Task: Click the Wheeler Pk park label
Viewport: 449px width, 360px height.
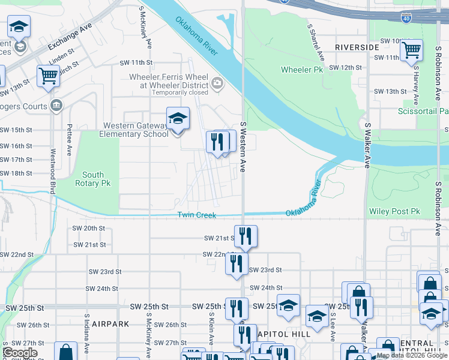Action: tap(301, 70)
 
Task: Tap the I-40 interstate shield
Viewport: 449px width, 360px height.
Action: tap(406, 20)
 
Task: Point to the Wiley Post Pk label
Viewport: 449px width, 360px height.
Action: tap(394, 211)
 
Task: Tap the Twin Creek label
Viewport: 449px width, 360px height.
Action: tap(196, 215)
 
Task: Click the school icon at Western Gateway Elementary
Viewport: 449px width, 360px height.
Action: tap(178, 119)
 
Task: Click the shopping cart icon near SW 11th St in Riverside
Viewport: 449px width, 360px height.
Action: tap(412, 51)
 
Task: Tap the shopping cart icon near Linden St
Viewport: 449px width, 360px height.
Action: tap(48, 76)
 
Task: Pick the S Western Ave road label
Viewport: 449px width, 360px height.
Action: tap(243, 146)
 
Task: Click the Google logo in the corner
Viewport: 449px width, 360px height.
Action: tap(20, 353)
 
